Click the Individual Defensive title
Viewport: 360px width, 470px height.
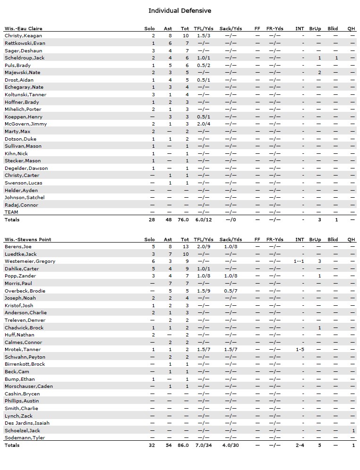point(180,11)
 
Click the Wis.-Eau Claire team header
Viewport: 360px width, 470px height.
point(24,28)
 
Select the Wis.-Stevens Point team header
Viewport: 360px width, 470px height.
point(27,239)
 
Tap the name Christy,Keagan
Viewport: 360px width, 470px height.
point(23,36)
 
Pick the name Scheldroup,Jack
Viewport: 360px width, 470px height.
point(25,58)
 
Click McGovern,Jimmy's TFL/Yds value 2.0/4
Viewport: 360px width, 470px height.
point(204,124)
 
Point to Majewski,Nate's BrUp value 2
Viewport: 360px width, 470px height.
point(319,73)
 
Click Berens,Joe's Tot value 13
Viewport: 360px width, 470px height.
point(185,247)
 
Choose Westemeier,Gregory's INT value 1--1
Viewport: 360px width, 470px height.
point(300,261)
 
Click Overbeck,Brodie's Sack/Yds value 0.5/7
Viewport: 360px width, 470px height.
point(231,291)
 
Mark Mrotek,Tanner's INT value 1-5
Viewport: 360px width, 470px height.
point(300,350)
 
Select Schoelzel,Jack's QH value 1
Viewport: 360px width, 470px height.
point(353,431)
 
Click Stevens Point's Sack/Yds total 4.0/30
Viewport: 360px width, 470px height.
point(231,445)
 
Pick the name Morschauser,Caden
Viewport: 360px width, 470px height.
point(29,386)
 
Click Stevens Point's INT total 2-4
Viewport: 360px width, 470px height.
point(300,445)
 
